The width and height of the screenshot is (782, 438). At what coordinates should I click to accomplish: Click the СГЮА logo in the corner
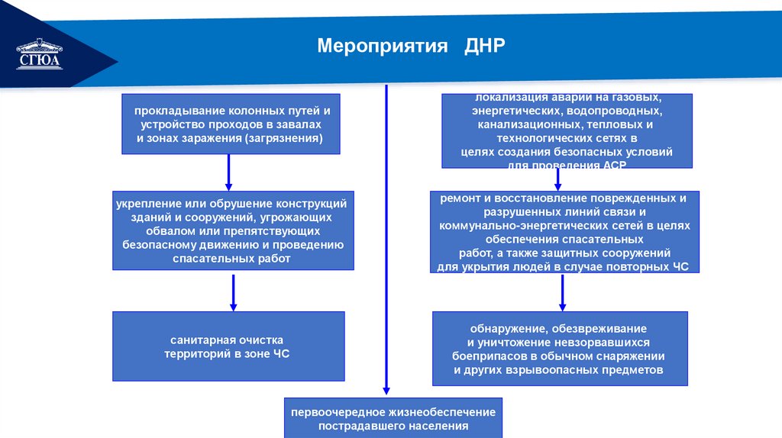40,55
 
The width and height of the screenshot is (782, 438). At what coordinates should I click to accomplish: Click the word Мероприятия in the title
382,46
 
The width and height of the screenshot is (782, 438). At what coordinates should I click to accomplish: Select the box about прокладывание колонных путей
230,124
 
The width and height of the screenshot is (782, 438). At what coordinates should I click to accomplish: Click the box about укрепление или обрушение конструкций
233,230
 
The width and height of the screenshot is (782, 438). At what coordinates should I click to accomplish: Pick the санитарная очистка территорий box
228,346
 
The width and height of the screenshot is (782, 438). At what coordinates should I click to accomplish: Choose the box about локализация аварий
567,130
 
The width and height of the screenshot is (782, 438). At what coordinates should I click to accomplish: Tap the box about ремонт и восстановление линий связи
564,232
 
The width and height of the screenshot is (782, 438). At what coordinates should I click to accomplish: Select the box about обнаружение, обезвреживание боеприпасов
559,349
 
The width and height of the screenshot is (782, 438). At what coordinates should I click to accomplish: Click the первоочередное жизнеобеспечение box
393,418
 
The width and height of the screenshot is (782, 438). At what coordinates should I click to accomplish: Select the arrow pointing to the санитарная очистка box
233,292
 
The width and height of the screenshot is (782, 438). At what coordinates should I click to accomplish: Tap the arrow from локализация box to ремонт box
557,179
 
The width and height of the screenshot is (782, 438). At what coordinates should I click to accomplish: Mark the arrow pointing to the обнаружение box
562,292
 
